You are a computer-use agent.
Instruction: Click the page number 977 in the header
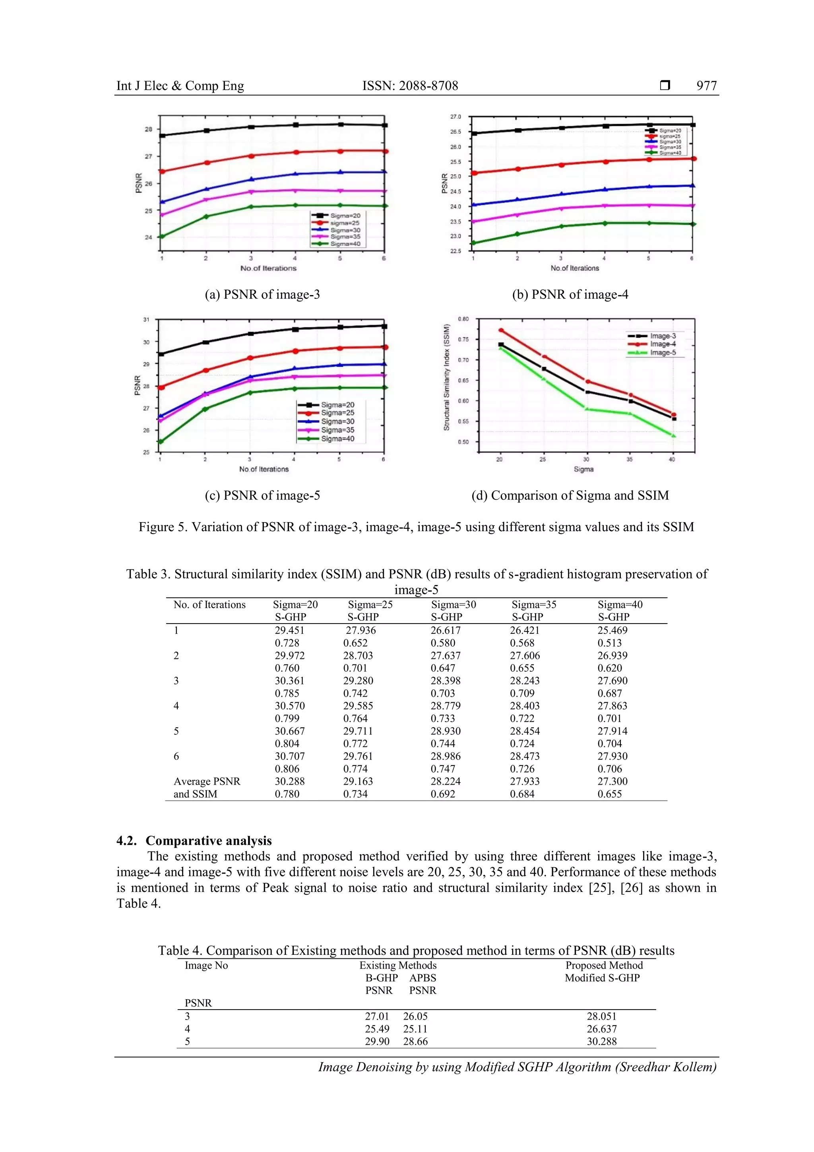tap(706, 86)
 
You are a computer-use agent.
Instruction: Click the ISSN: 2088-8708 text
tap(410, 86)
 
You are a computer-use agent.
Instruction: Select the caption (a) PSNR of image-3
tap(262, 295)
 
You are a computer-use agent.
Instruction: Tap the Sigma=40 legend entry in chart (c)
tap(337, 439)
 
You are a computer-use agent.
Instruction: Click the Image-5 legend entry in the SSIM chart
tap(663, 353)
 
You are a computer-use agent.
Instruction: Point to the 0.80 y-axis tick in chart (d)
tap(463, 319)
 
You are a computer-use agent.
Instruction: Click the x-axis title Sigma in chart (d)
tap(583, 469)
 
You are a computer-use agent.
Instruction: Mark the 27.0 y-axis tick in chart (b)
tap(455, 117)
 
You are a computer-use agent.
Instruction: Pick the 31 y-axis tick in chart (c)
tap(146, 320)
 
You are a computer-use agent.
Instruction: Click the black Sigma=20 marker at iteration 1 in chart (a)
tap(162, 136)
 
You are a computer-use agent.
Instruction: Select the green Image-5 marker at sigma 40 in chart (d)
tap(674, 435)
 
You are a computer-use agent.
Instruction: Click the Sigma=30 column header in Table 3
tap(454, 604)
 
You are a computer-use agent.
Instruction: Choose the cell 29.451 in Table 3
tap(289, 630)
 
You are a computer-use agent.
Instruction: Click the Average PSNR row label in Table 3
tap(207, 781)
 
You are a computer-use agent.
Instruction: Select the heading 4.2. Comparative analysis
tap(194, 841)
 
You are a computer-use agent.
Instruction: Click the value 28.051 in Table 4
tap(601, 1016)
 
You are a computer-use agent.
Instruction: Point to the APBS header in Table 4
tap(422, 978)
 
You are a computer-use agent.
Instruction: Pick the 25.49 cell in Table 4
tap(377, 1029)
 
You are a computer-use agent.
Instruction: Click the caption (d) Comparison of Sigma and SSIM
tap(570, 496)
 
